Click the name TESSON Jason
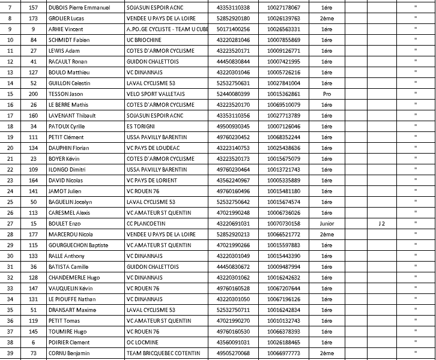[x=66, y=94]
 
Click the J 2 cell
[x=380, y=223]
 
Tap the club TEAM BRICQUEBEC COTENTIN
[x=164, y=353]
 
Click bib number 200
[x=34, y=94]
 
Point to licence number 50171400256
[x=233, y=29]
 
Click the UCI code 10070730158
[x=283, y=223]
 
